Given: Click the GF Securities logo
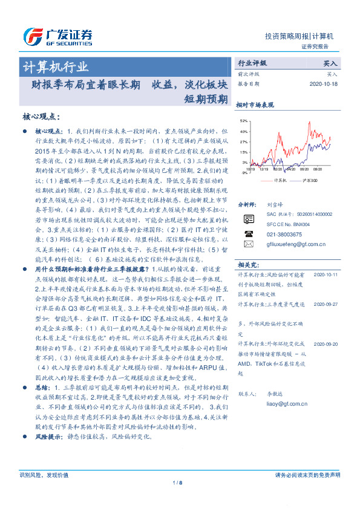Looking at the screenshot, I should [58, 35].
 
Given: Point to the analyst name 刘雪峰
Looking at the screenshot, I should [275, 206].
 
